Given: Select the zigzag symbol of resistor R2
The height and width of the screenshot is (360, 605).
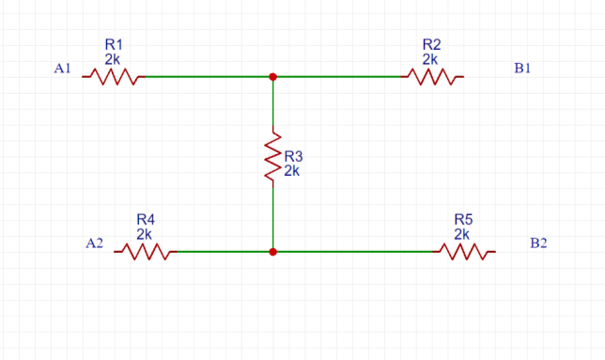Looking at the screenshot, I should [433, 78].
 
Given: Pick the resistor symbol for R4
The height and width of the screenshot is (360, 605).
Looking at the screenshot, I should [145, 252].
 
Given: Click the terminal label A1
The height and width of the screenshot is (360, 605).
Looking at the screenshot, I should [63, 69].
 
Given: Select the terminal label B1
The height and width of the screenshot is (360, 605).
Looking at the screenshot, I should [522, 69].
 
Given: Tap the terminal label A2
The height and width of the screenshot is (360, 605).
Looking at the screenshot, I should [94, 243].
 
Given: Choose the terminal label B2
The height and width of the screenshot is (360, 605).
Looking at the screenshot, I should [538, 243].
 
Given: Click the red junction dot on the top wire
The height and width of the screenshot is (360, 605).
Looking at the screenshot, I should [272, 77].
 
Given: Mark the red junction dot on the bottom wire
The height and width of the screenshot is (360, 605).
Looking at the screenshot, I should [272, 252].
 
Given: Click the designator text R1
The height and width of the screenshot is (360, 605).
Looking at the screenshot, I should [114, 44].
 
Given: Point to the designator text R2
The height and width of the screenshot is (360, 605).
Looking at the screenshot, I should [432, 44].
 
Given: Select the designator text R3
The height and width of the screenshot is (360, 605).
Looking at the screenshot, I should [294, 157].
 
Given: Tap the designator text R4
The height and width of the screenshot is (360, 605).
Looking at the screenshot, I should [146, 219].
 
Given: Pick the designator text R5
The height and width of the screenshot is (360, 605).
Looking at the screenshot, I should [463, 219].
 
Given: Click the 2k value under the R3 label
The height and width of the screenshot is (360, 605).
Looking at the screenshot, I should [292, 171].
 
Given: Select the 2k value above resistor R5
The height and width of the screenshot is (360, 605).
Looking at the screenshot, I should [462, 233].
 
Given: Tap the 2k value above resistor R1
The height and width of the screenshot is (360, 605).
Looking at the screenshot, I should [113, 58].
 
